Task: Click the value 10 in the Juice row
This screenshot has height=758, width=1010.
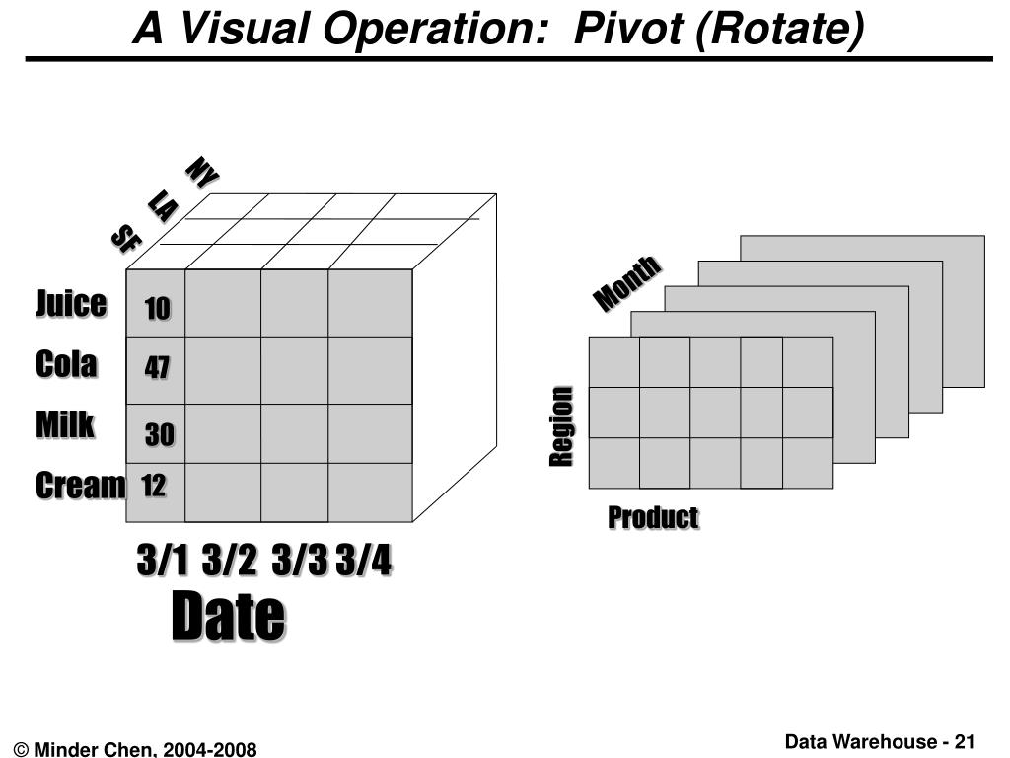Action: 158,310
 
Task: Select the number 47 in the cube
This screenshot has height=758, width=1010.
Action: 158,368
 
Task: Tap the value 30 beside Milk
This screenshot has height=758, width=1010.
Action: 160,434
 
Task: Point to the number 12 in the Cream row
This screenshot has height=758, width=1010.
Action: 153,486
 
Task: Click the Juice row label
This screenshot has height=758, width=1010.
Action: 71,303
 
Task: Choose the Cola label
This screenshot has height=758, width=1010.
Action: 66,364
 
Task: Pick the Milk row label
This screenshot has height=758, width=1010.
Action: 65,424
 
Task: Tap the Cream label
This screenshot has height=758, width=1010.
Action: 81,486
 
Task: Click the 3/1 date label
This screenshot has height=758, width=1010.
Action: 162,562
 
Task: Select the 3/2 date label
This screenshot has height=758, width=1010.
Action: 229,562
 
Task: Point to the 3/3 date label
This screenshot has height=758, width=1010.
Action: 300,562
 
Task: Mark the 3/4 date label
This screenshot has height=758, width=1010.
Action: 363,562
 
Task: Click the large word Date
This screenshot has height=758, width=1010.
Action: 228,618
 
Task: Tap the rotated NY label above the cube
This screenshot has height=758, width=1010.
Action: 202,172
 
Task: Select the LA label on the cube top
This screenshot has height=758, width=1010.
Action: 163,205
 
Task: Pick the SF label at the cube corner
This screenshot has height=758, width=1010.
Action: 125,238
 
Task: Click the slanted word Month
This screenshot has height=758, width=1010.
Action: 626,282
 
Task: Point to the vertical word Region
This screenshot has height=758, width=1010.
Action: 561,426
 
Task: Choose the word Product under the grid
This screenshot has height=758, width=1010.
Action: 653,517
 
